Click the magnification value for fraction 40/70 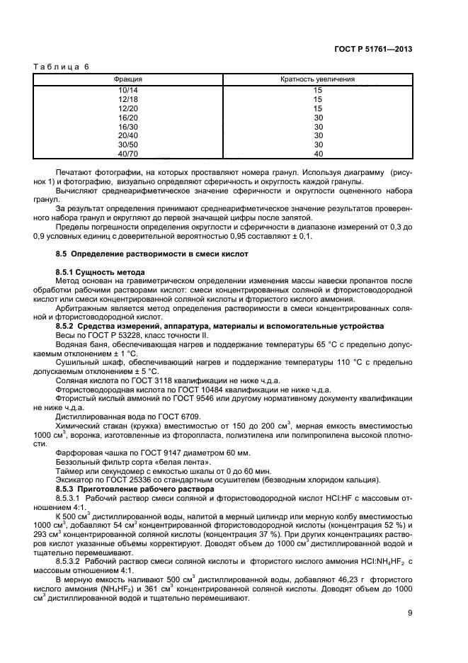[318, 152]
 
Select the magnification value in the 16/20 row [318, 118]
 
